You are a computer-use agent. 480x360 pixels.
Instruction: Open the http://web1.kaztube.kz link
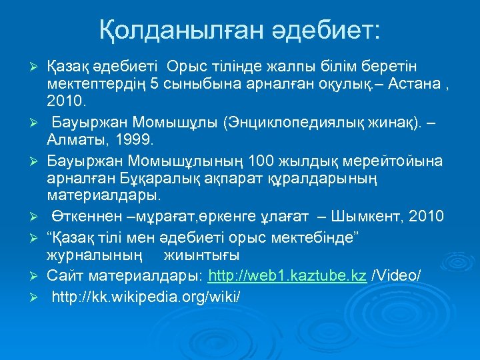287,275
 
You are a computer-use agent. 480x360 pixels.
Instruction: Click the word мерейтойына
400,161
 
